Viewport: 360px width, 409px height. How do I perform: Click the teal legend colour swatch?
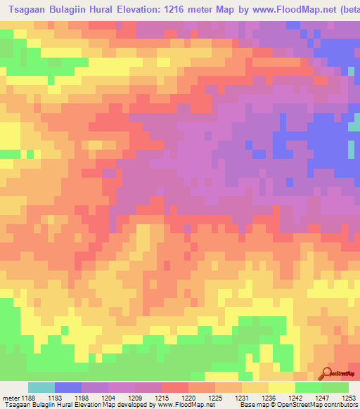pos(41,387)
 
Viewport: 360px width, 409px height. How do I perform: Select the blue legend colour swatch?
pos(68,387)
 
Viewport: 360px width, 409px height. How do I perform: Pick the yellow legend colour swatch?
pos(282,387)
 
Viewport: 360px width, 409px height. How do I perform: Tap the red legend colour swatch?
pos(175,387)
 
